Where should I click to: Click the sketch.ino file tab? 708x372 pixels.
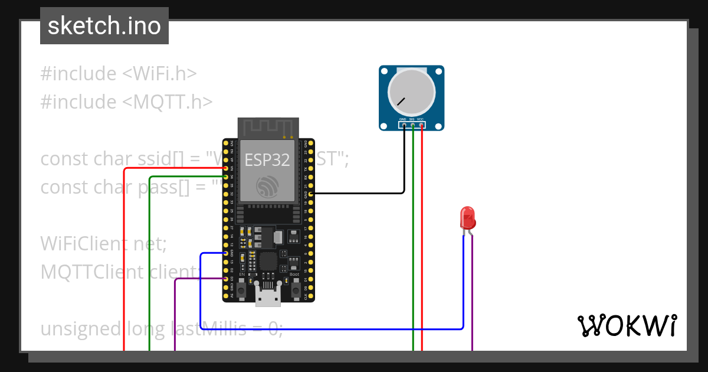(104, 26)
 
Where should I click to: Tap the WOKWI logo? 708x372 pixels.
(626, 326)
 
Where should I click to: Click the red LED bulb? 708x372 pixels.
(467, 217)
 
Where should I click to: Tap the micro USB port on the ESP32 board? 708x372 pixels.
(268, 298)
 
